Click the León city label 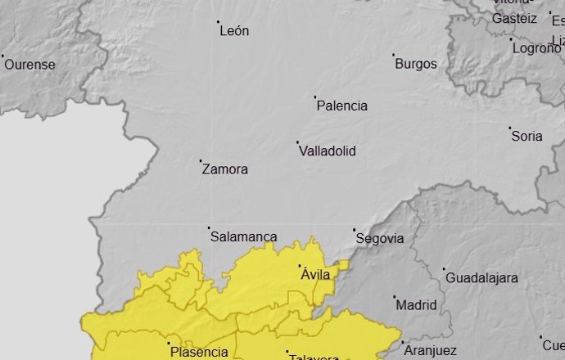(235, 31)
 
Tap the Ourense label (29, 65)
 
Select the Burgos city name (416, 64)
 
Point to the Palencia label (341, 106)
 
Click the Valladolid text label (328, 151)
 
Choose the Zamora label (224, 170)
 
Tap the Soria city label (527, 137)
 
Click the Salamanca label (244, 237)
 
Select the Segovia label (380, 239)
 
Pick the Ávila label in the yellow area (315, 275)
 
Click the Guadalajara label (481, 278)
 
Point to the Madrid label (416, 305)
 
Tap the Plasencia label (200, 353)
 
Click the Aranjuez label (430, 351)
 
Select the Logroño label (536, 48)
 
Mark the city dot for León (219, 22)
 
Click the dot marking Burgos (394, 56)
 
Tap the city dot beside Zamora (201, 161)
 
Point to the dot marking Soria (509, 128)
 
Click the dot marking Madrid (394, 297)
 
